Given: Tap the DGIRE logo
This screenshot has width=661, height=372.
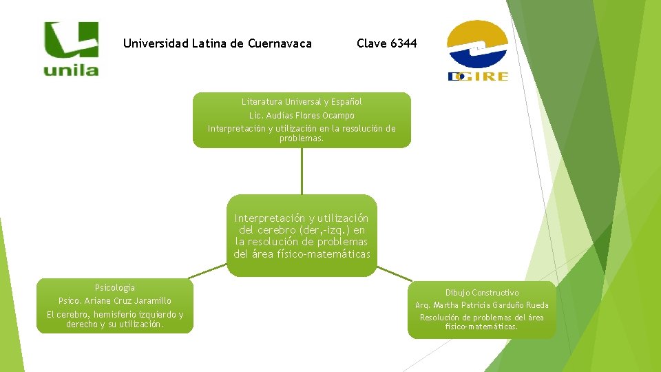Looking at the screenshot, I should click(478, 51).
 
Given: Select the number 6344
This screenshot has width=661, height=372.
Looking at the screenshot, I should click(403, 44).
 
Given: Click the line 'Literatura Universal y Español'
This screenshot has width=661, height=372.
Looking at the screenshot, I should click(302, 101).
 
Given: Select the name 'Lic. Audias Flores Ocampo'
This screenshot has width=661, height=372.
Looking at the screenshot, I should click(302, 115).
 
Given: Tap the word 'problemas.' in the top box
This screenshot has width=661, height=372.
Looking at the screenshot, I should click(302, 138).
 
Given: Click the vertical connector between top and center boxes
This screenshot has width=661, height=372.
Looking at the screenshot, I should click(302, 171).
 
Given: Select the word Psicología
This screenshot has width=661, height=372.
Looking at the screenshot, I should click(115, 287).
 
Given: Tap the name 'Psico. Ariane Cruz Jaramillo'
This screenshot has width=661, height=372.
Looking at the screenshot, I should click(115, 301).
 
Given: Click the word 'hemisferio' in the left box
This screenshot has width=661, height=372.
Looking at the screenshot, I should click(122, 315).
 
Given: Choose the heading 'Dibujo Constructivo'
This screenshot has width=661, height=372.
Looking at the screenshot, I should click(482, 293).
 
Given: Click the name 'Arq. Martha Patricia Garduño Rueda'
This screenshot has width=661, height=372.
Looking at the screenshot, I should click(482, 305).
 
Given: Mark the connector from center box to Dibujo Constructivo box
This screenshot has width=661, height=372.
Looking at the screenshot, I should click(394, 273).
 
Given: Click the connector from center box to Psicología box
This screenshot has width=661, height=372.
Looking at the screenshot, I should click(210, 273).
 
